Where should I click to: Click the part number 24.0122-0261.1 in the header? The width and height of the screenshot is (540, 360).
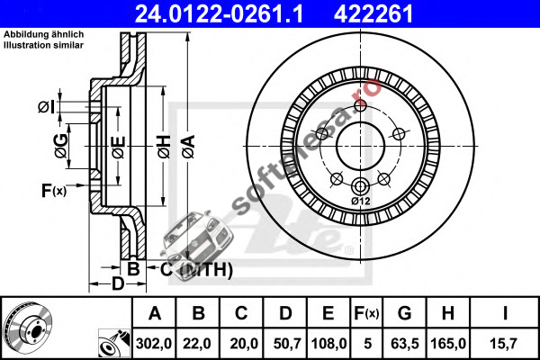coord(219,13)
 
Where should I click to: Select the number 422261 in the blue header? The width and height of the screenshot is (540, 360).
coord(373,13)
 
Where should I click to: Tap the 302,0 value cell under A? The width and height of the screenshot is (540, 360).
coord(154,344)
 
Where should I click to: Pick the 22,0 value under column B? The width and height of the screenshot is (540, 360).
coord(197,344)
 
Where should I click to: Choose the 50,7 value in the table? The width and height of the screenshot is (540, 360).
coord(287,344)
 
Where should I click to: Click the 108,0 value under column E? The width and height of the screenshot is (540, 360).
coord(328,344)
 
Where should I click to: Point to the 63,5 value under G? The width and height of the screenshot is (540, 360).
coord(405,344)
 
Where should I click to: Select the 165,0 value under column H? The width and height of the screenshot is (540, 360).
coord(448,344)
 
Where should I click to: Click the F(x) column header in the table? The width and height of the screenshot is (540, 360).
coord(367,313)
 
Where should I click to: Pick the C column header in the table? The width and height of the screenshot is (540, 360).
coord(241,313)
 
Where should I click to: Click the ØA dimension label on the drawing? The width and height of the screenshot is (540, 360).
coord(189,147)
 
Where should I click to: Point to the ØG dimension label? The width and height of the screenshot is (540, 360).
coord(61,146)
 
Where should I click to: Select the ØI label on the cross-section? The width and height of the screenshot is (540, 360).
coord(46,107)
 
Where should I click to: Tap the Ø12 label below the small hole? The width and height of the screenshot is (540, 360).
coord(361,201)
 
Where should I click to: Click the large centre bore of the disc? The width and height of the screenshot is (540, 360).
coord(360,146)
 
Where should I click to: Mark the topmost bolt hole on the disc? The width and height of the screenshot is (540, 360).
coord(360,105)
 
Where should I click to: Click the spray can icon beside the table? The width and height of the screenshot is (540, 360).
coord(114,344)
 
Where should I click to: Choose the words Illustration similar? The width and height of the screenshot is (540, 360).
coord(44,45)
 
